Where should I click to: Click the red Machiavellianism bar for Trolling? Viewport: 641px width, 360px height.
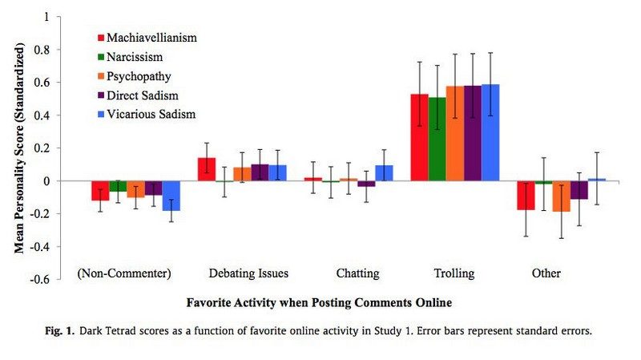(419, 137)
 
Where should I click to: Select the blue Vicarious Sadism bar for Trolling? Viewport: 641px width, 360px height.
(490, 132)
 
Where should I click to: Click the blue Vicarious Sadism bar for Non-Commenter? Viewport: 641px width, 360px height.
(171, 196)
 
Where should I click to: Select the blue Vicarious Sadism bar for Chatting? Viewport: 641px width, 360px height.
(384, 173)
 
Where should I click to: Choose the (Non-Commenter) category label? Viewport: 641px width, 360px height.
(124, 273)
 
